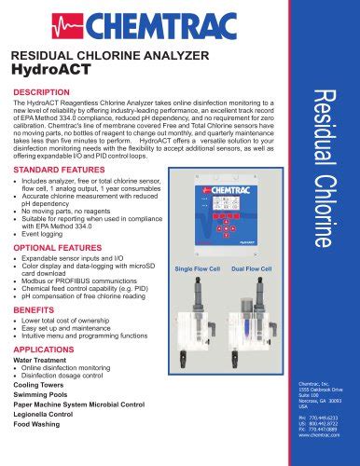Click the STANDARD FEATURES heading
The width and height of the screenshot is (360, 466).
click(x=62, y=171)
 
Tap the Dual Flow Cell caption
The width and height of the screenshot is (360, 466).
click(x=252, y=268)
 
